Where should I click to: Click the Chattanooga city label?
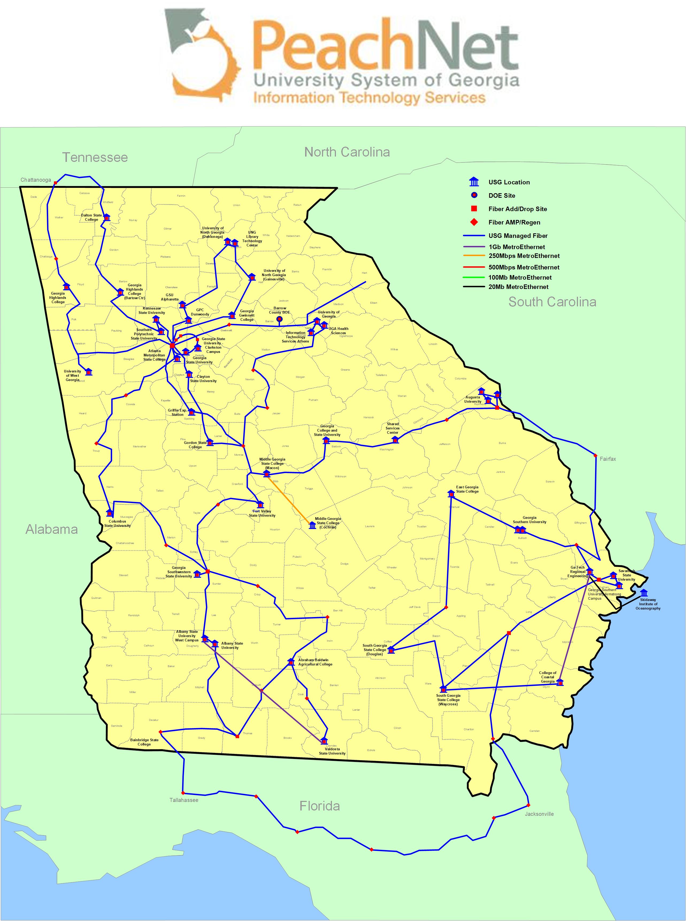pos(36,180)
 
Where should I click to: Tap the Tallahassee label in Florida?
pos(183,800)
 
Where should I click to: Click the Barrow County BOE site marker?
pos(279,319)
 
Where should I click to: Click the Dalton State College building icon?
pos(107,217)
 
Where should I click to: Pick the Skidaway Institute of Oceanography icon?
pos(644,593)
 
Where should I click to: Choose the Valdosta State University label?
pos(332,751)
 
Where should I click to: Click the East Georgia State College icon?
pos(451,493)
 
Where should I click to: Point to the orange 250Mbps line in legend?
pos(474,256)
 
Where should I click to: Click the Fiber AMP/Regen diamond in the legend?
pos(474,222)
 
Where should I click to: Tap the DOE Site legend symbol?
pos(474,195)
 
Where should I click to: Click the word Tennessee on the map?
pos(95,157)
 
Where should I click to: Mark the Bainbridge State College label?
pos(144,742)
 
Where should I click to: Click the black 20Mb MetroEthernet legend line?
pos(474,287)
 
